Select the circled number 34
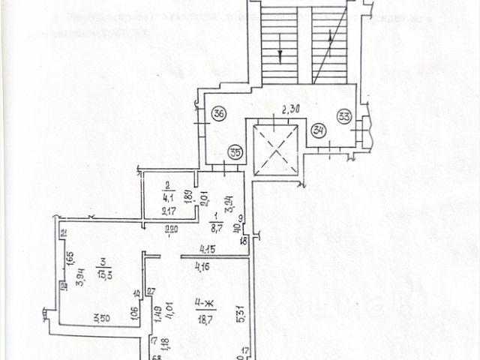(x=318, y=129)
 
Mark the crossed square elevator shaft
(x=277, y=147)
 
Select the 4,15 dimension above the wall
(x=208, y=249)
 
